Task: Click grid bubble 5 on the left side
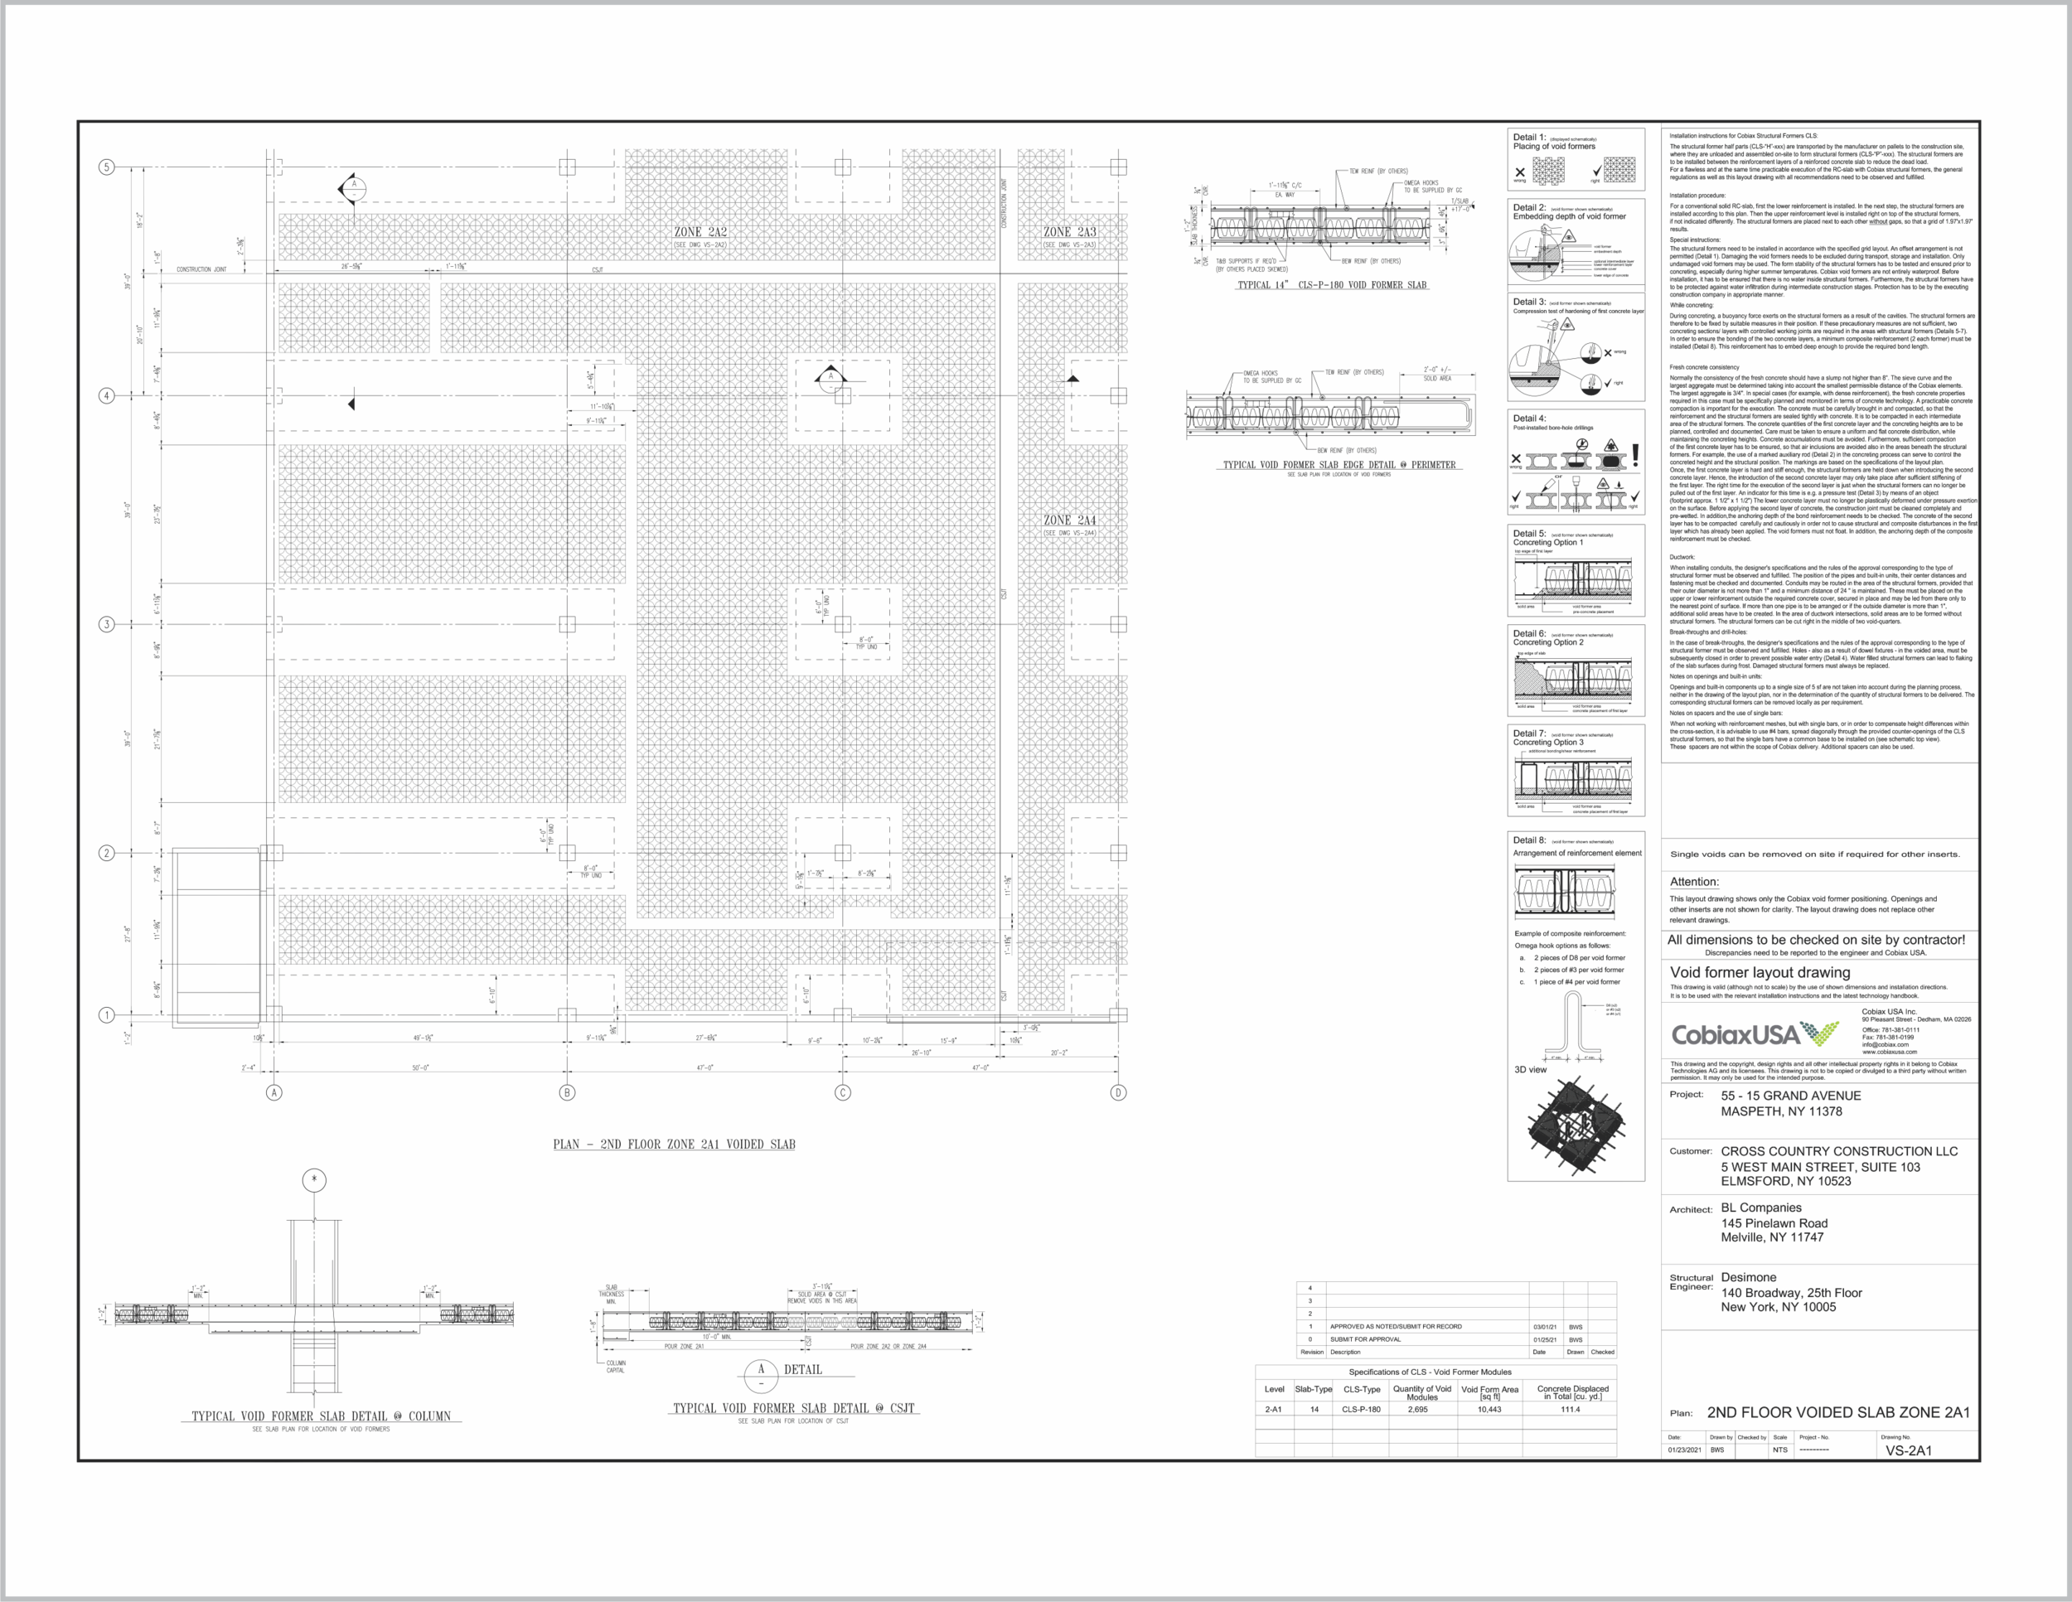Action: coord(106,167)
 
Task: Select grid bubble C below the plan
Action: coord(842,1092)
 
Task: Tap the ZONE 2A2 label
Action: coord(700,231)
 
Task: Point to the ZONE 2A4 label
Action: coord(1069,520)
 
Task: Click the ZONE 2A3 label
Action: coord(1069,231)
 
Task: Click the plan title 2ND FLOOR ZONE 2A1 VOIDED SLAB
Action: coord(674,1144)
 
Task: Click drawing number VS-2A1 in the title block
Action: coord(1908,1450)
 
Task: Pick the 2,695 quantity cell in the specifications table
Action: coord(1417,1410)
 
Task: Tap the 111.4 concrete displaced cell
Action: coord(1570,1410)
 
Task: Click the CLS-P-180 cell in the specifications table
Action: coord(1360,1410)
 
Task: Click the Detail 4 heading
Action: coord(1528,419)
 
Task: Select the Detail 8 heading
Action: coord(1528,840)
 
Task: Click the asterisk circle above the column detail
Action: coord(314,1180)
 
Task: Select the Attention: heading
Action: coord(1693,882)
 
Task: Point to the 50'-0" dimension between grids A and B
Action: coord(420,1068)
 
